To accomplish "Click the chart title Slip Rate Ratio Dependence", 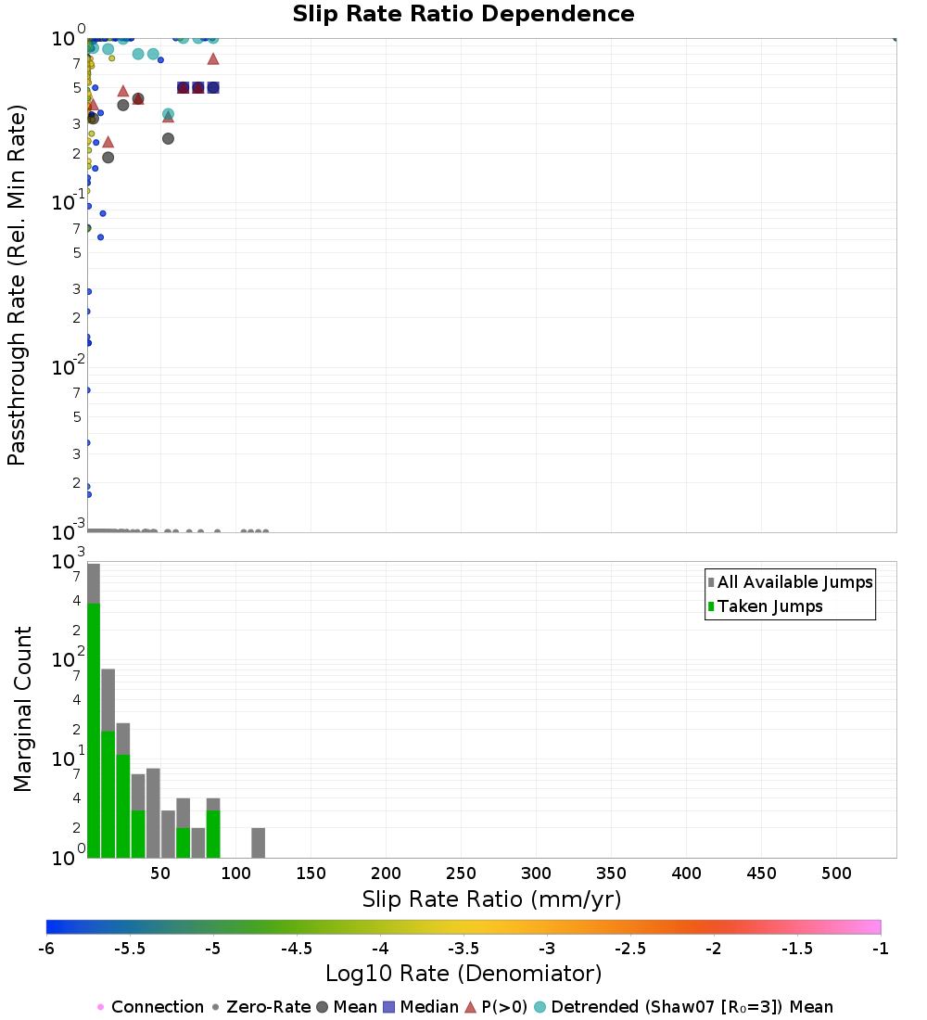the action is tap(463, 14).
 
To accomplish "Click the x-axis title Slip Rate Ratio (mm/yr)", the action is tap(491, 899).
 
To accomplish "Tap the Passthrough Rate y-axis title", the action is tap(17, 285).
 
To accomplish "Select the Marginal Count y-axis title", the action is tap(22, 709).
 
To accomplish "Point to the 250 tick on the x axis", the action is tap(462, 873).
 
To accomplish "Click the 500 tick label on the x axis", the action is tap(836, 873).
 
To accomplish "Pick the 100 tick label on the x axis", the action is tap(235, 873).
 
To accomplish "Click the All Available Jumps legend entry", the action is tap(791, 582).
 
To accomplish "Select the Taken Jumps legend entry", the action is tap(765, 606).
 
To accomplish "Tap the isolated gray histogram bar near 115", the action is tap(259, 843).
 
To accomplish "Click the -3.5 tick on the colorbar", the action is tap(463, 949).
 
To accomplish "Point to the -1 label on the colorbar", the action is tap(880, 949).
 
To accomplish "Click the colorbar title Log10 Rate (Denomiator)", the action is tap(463, 974).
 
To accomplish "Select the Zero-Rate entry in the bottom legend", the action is tap(260, 1007).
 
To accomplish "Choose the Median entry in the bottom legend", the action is tap(421, 1007).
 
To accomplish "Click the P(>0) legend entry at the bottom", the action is tap(496, 1007).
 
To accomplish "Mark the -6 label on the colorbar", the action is tap(46, 949).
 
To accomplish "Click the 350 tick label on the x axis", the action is tap(612, 873).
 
